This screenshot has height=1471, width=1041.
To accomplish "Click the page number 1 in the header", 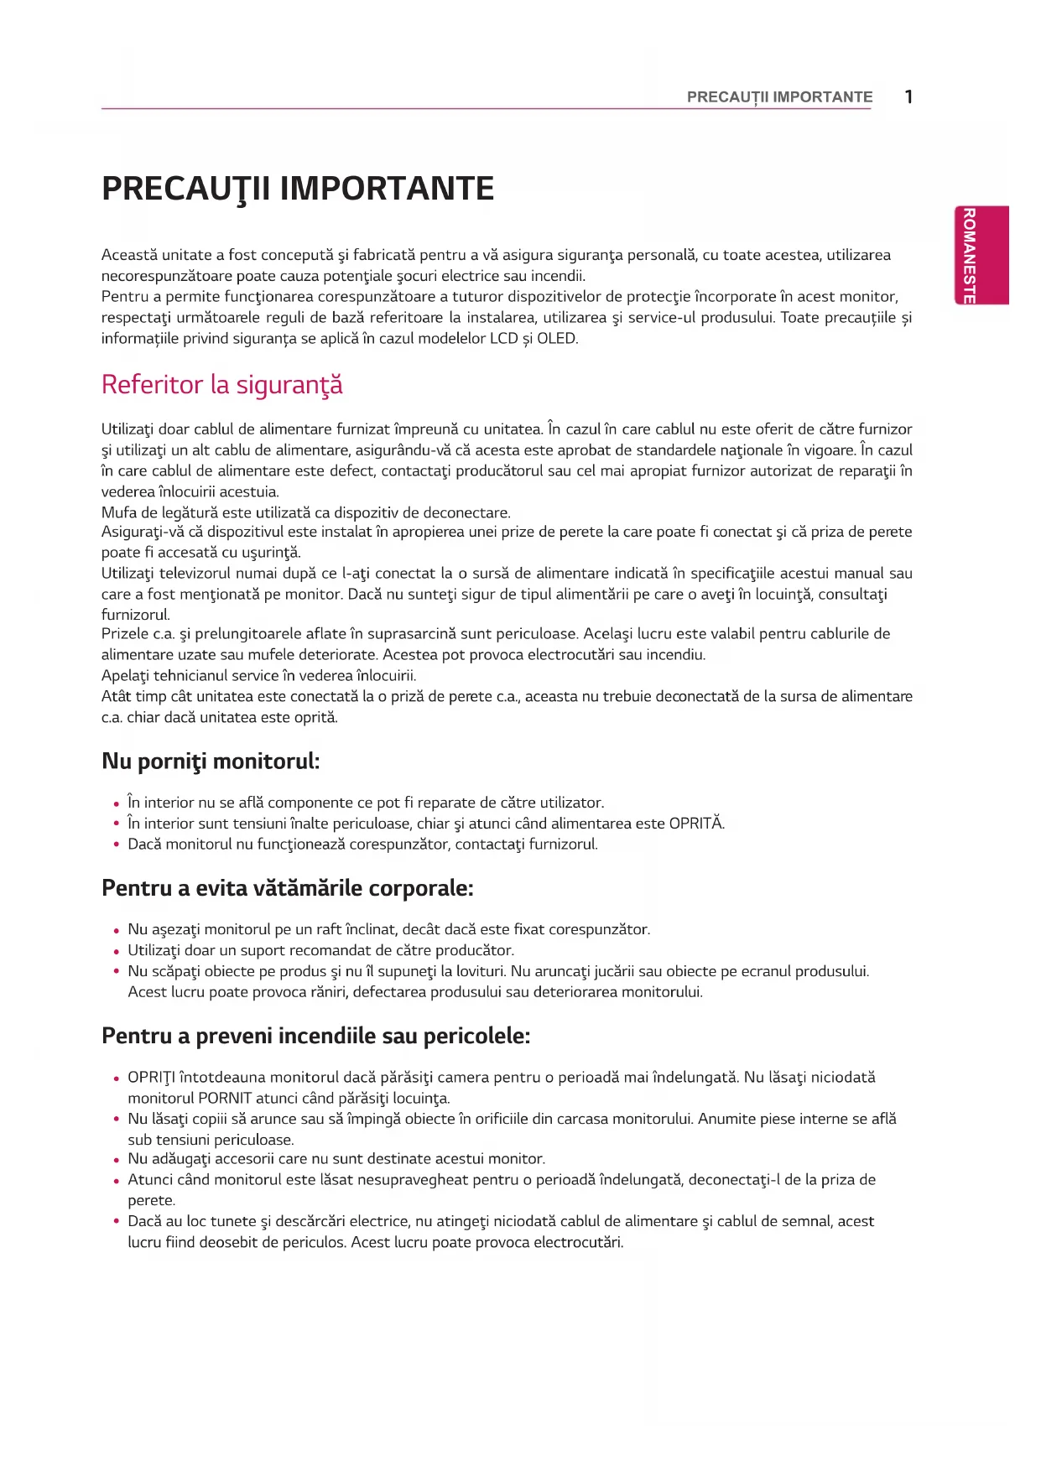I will click(908, 96).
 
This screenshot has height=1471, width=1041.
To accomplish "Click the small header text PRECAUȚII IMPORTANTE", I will click(779, 97).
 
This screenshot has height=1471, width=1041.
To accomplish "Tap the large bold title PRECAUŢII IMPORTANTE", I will click(298, 189).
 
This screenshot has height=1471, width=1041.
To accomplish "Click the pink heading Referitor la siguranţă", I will click(221, 385).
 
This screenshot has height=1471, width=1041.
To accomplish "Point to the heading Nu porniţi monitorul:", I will click(211, 761).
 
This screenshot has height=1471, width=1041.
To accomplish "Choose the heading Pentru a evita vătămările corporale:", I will click(288, 888).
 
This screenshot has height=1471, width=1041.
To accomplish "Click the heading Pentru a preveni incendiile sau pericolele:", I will click(315, 1036).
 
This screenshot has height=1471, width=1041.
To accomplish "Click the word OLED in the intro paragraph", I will click(557, 339).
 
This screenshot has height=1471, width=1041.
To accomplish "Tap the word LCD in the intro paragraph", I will click(504, 339).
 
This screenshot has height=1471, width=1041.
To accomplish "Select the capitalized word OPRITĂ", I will click(695, 824).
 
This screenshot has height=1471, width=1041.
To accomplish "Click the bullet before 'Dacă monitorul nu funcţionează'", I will click(117, 845).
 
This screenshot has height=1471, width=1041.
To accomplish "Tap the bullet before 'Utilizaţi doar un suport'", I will click(117, 952).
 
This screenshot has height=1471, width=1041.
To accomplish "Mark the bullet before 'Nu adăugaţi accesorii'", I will click(117, 1160).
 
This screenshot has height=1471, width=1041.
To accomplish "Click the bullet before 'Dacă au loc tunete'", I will click(117, 1222).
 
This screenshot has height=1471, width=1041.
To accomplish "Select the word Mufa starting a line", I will click(117, 512).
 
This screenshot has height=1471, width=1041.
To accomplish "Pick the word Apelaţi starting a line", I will click(125, 676).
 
